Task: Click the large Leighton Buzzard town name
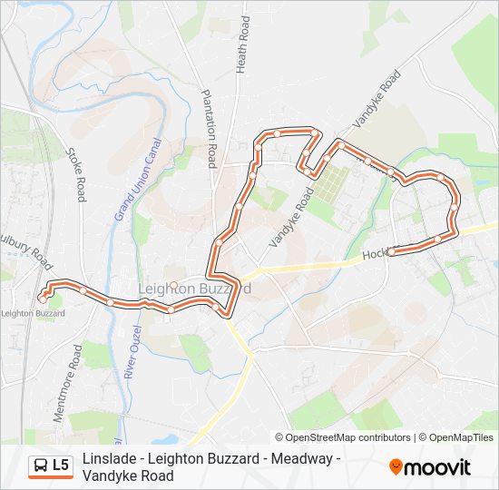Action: [193, 288]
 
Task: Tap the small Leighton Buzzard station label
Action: [34, 313]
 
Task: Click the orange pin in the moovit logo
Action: [396, 466]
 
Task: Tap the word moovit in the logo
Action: [437, 467]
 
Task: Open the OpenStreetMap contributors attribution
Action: [343, 437]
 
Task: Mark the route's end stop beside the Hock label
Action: [391, 252]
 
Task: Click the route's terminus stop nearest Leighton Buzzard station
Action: [42, 297]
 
